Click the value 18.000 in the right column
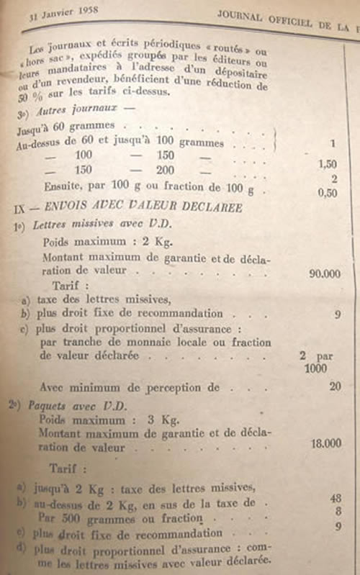(x=326, y=444)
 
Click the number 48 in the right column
(x=333, y=498)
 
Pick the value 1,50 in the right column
(x=328, y=165)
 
